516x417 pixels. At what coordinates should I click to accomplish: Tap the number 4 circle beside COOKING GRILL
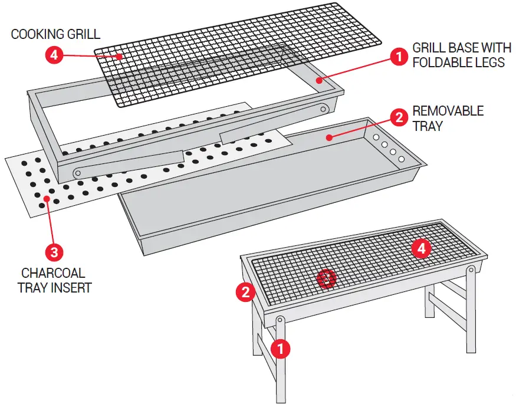click(54, 56)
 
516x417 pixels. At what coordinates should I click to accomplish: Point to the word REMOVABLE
click(448, 111)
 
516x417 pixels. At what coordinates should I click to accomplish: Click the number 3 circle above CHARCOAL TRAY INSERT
click(54, 252)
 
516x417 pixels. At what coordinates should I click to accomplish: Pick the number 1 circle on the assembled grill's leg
click(281, 349)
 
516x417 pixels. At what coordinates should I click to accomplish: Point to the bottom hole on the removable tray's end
click(402, 159)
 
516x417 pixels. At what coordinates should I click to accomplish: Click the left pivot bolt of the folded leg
click(77, 173)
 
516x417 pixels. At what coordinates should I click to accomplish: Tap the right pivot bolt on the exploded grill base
click(323, 108)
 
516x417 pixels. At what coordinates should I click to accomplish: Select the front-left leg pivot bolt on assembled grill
click(281, 321)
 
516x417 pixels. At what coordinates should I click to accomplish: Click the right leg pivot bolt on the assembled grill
click(471, 271)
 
